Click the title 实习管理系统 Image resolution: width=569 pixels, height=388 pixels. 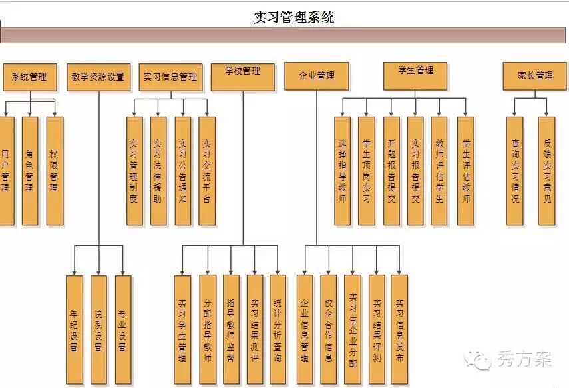(293, 17)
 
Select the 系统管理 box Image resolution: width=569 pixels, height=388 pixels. (29, 77)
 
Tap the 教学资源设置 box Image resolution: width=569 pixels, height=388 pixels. (98, 77)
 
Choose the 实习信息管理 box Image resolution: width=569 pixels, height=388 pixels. (170, 77)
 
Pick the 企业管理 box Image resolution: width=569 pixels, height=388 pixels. (317, 76)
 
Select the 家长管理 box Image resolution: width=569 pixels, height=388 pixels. (536, 76)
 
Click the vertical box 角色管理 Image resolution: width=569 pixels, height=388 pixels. (30, 171)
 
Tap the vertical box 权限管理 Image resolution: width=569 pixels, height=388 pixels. (55, 171)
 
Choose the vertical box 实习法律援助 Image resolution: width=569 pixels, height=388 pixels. (158, 171)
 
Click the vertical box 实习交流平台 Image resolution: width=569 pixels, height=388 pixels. (207, 171)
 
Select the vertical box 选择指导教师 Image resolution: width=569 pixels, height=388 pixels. (342, 171)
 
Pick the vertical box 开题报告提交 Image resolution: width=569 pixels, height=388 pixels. (391, 171)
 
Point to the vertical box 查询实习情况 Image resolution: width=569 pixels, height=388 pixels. (515, 171)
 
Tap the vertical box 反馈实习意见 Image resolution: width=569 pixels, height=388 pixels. (546, 171)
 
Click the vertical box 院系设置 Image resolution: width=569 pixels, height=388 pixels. (98, 329)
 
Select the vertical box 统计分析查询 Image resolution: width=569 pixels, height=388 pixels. (278, 329)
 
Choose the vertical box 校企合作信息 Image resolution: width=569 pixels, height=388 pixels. (328, 329)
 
